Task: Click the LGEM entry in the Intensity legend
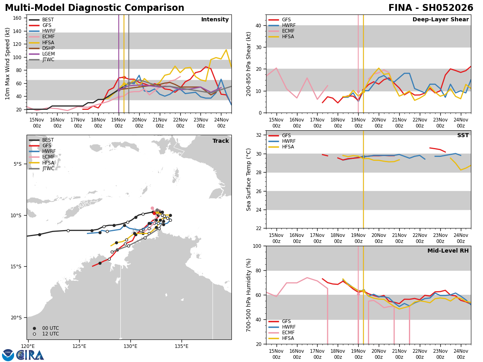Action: coord(48,54)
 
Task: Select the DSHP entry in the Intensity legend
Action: coord(48,48)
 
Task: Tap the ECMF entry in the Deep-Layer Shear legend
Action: coord(288,31)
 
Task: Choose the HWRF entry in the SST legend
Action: coord(289,141)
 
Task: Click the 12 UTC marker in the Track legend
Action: coord(50,334)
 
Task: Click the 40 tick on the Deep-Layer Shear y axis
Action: coord(260,25)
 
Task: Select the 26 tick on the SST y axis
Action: coord(260,191)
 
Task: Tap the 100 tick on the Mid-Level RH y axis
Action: coord(259,246)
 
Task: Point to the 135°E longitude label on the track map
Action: coord(182,346)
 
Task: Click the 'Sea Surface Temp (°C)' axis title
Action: coord(249,179)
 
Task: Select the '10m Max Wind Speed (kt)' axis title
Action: coord(8,64)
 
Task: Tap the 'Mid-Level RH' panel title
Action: coord(448,251)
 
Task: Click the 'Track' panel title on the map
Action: coord(221,141)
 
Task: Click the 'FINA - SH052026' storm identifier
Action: coord(431,8)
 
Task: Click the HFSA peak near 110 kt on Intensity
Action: coord(226,50)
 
